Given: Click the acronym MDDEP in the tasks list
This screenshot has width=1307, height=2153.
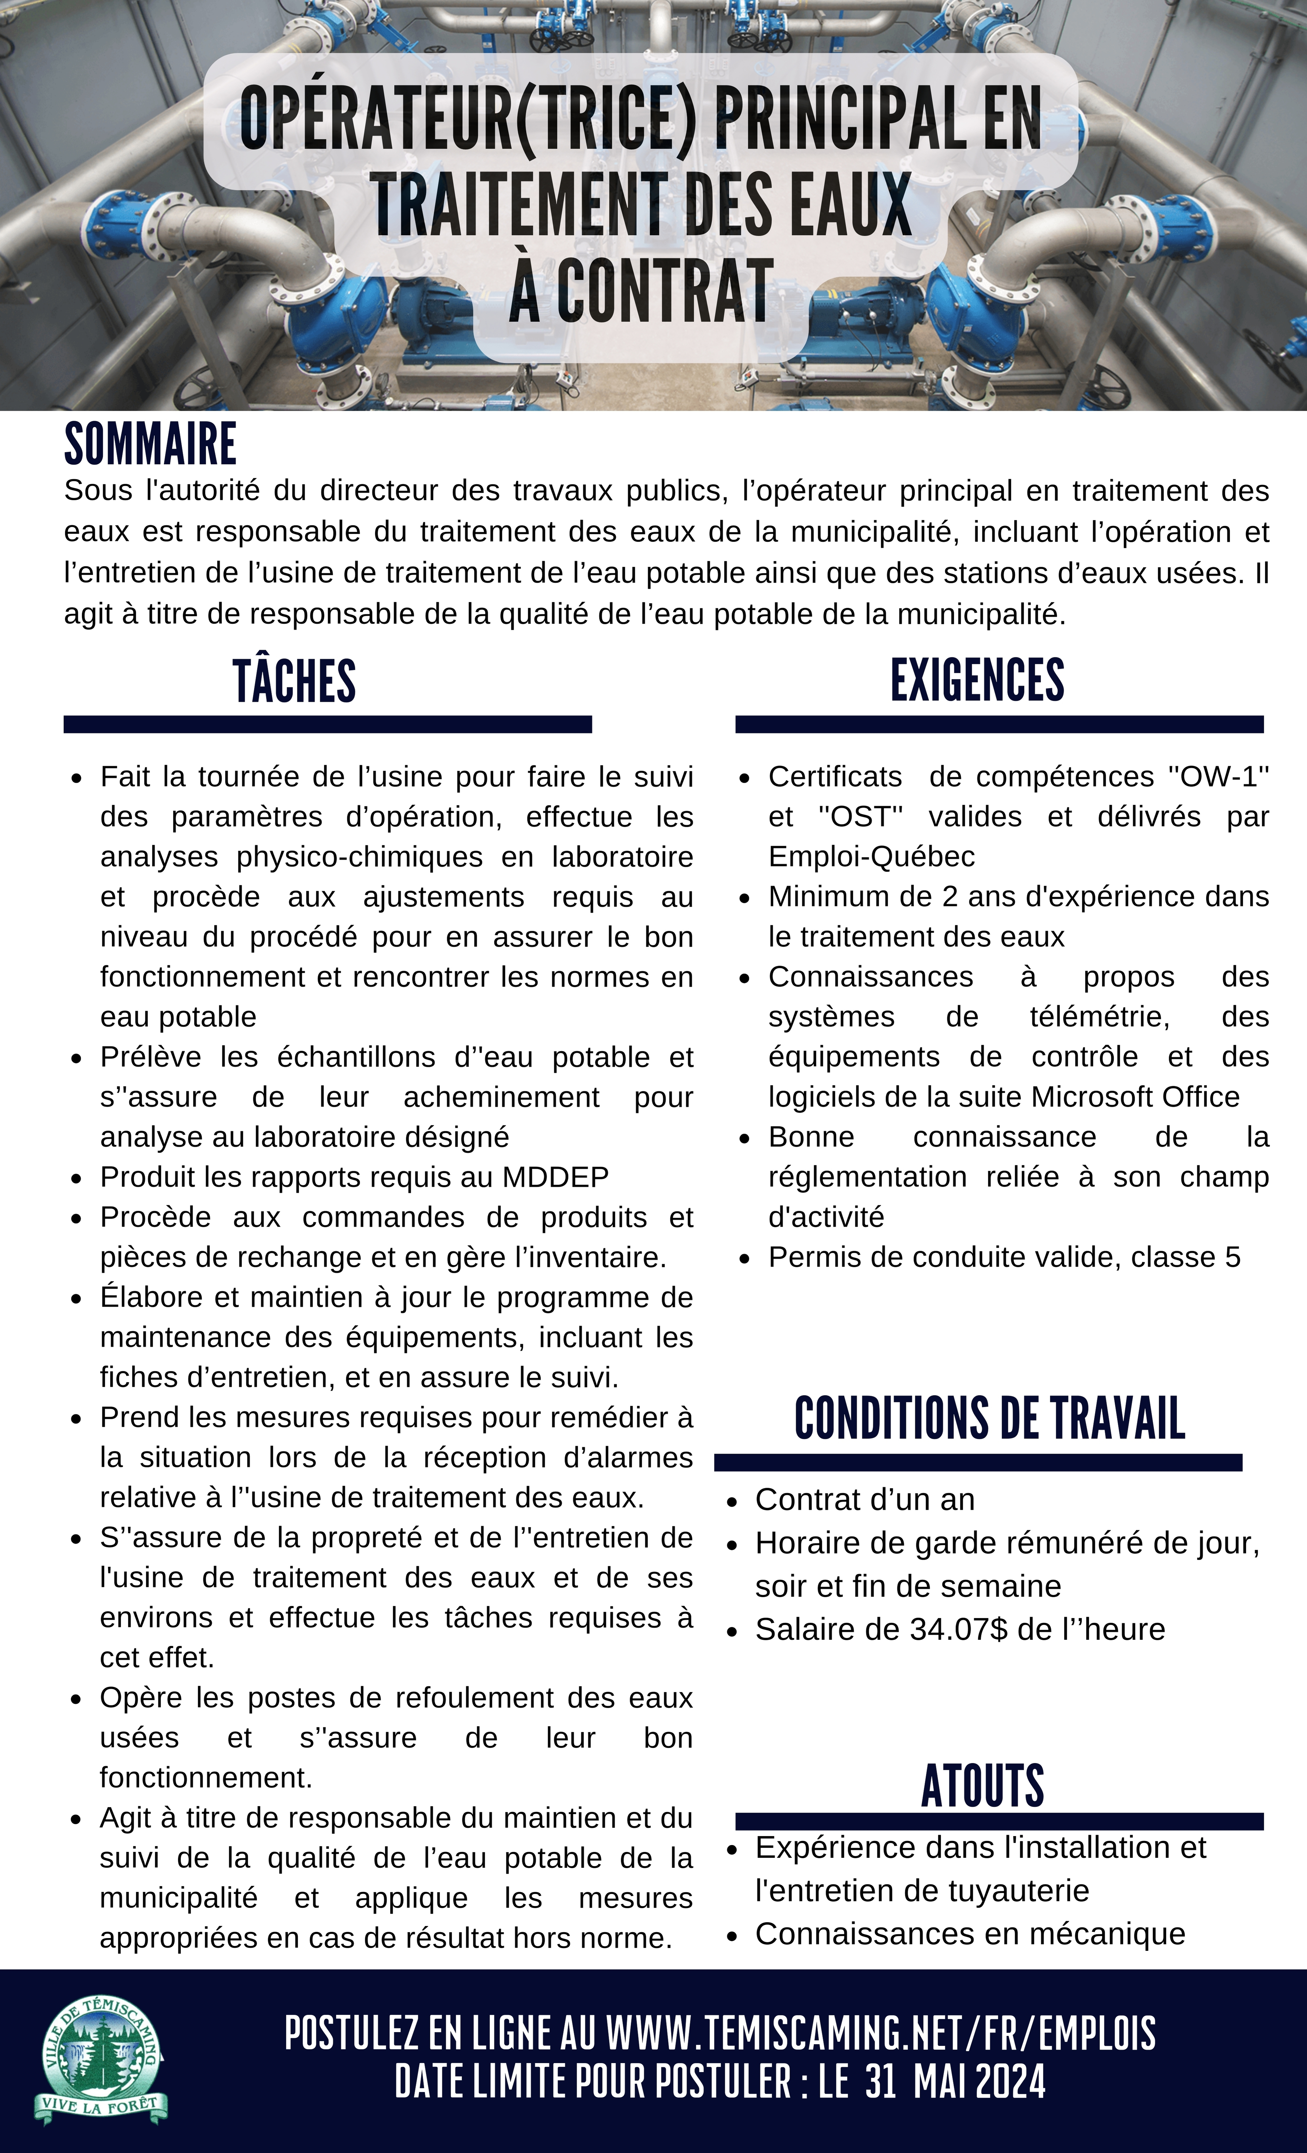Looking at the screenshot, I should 556,1177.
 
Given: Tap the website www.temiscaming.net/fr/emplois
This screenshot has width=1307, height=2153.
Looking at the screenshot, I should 881,2034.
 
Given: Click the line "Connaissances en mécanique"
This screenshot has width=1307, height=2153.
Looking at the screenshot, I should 970,1934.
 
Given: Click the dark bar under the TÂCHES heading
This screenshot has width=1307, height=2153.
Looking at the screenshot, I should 328,723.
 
